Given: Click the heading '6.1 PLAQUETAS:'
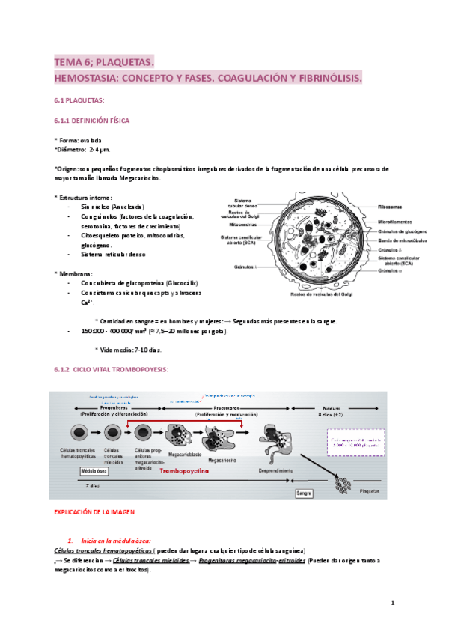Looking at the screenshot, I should tap(79, 100).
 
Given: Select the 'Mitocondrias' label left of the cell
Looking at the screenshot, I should tap(244, 225).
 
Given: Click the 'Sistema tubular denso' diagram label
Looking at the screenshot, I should tap(244, 203).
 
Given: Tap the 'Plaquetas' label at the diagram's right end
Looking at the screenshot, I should tap(374, 494).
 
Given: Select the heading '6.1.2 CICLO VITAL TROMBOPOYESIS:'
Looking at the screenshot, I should tap(112, 369).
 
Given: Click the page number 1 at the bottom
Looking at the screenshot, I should tap(392, 603).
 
